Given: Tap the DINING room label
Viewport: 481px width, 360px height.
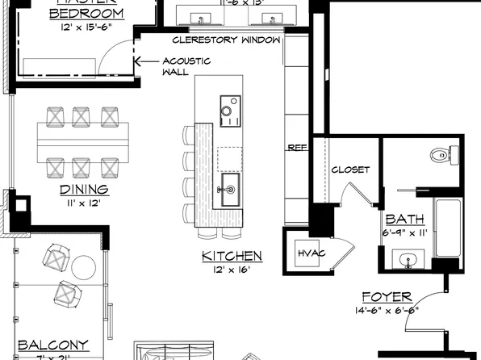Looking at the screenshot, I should coord(84,190).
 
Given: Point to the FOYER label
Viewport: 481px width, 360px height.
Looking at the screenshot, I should coord(387,296).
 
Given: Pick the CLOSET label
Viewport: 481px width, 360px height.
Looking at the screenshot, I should coord(350,170).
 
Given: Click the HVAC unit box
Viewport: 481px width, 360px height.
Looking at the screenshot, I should coord(311,253).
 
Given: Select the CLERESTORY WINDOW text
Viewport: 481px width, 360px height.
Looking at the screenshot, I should coord(227,40).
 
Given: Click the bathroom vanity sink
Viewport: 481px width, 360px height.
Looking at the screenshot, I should coord(408,260).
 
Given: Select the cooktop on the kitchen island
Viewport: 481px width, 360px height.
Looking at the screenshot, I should coord(229,109).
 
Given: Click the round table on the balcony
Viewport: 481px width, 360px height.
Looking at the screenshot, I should coord(84,266).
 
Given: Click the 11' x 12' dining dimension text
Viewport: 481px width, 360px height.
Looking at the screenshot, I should coord(83,203).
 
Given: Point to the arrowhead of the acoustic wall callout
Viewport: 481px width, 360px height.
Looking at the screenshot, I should coord(137,61).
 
